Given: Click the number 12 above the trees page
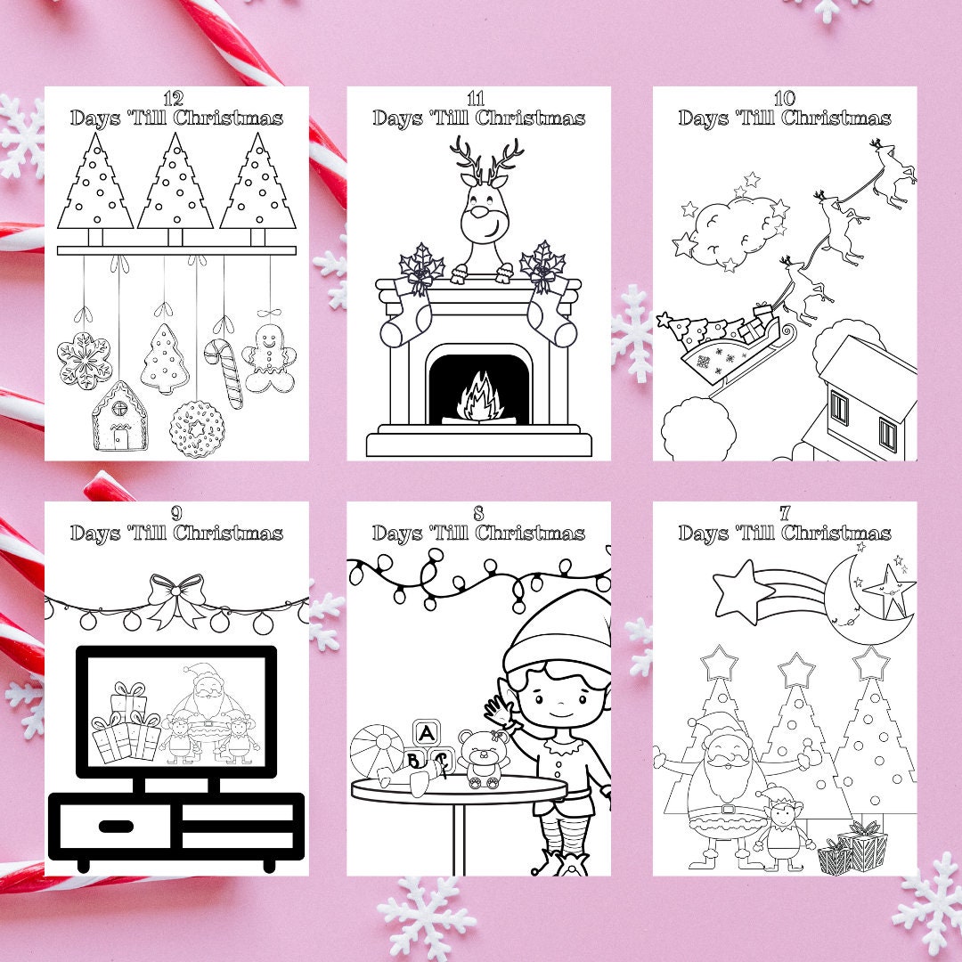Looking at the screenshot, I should (175, 97).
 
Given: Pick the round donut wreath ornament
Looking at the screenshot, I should (197, 428).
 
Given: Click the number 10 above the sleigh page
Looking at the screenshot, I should (785, 98).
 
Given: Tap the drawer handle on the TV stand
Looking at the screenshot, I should (117, 827).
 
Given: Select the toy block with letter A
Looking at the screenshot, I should (428, 733).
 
